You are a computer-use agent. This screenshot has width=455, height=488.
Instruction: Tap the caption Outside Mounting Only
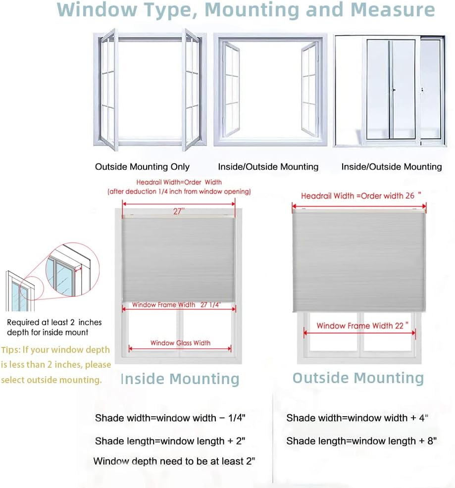pos(142,167)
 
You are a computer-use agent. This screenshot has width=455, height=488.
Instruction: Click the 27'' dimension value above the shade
pos(178,211)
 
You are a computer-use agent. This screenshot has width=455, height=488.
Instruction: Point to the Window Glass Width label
pos(180,342)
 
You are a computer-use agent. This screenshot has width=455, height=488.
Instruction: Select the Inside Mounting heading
pos(180,379)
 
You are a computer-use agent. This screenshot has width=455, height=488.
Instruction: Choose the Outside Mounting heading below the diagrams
pos(358,378)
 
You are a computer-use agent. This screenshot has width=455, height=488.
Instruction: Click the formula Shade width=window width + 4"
pos(357,418)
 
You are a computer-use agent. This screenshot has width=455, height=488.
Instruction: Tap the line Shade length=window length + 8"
pos(361,440)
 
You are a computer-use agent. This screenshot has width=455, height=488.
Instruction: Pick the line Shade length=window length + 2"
pos(170,440)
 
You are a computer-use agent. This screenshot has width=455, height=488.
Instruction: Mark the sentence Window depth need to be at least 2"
pos(174,461)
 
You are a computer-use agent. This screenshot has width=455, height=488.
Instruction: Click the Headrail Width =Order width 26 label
pos(360,195)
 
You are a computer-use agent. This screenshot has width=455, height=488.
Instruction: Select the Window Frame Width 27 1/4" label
pos(176,305)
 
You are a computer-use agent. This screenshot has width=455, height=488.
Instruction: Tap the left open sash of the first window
pos(108,89)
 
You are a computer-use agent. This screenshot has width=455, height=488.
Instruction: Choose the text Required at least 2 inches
pos(54,322)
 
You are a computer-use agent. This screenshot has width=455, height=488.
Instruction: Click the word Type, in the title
pos(171,9)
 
